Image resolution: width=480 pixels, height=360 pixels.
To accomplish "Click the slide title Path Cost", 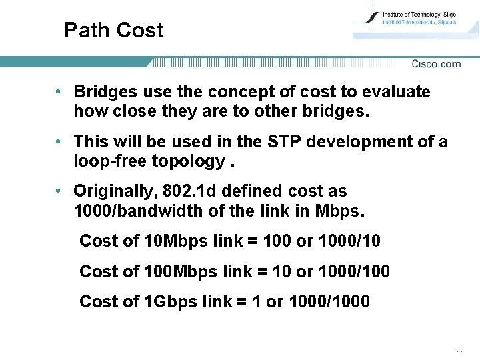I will [x=113, y=30].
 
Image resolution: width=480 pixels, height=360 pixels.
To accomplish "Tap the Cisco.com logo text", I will [x=436, y=64].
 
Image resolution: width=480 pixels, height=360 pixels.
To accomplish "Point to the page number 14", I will [x=460, y=351].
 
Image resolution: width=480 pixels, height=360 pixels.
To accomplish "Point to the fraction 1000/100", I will [x=354, y=271].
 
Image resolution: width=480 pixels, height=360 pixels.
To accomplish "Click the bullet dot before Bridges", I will [x=60, y=91].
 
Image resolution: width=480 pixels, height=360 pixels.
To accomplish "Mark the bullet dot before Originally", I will [x=60, y=191].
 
